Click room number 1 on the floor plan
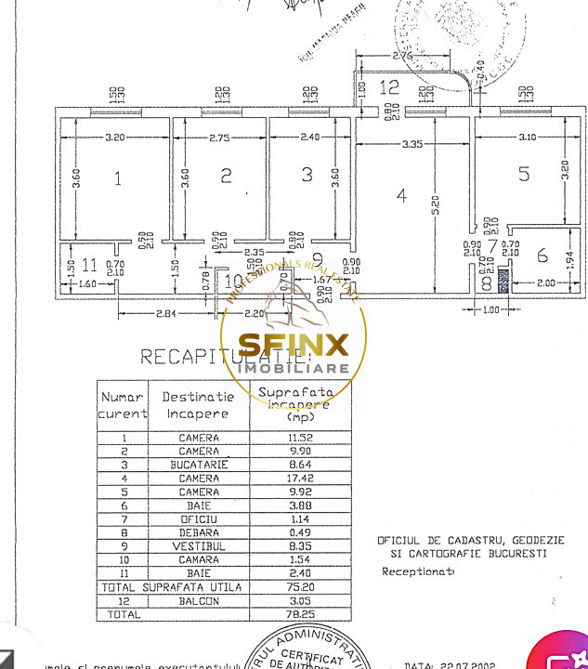coord(117,177)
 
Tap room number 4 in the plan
coord(401,196)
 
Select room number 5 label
coord(523,173)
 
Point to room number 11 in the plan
coord(88,262)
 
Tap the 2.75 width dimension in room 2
coord(219,137)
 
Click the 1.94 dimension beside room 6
coord(571,271)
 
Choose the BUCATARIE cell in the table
coord(199,465)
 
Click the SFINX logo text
coord(294,346)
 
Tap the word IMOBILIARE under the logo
coord(294,369)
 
